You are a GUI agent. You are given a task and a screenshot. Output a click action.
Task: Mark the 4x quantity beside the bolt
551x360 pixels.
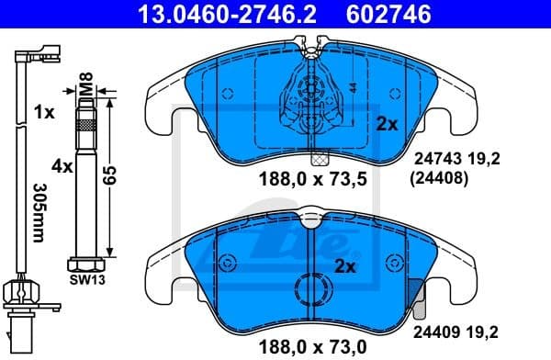tap(61, 167)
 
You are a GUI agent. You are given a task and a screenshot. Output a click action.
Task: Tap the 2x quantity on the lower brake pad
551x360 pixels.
tap(345, 267)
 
